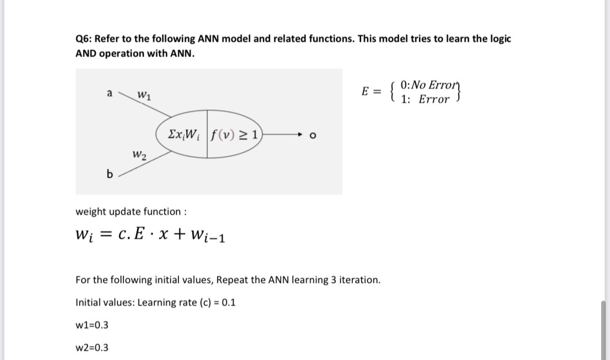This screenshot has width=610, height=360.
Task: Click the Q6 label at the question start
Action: pyautogui.click(x=83, y=39)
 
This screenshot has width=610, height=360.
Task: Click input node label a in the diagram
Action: pyautogui.click(x=110, y=92)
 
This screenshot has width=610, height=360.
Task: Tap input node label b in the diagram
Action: pyautogui.click(x=110, y=173)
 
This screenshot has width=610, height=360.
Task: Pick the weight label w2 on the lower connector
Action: pyautogui.click(x=139, y=155)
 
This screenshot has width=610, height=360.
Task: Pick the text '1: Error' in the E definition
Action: pyautogui.click(x=425, y=100)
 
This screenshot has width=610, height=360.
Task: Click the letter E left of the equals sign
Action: pyautogui.click(x=365, y=91)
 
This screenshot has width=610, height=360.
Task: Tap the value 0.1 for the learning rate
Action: pyautogui.click(x=228, y=303)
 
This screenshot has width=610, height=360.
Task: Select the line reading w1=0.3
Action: pyautogui.click(x=92, y=325)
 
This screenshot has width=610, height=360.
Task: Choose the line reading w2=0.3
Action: pyautogui.click(x=92, y=348)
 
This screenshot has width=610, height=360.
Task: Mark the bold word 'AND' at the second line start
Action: pyautogui.click(x=86, y=54)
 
